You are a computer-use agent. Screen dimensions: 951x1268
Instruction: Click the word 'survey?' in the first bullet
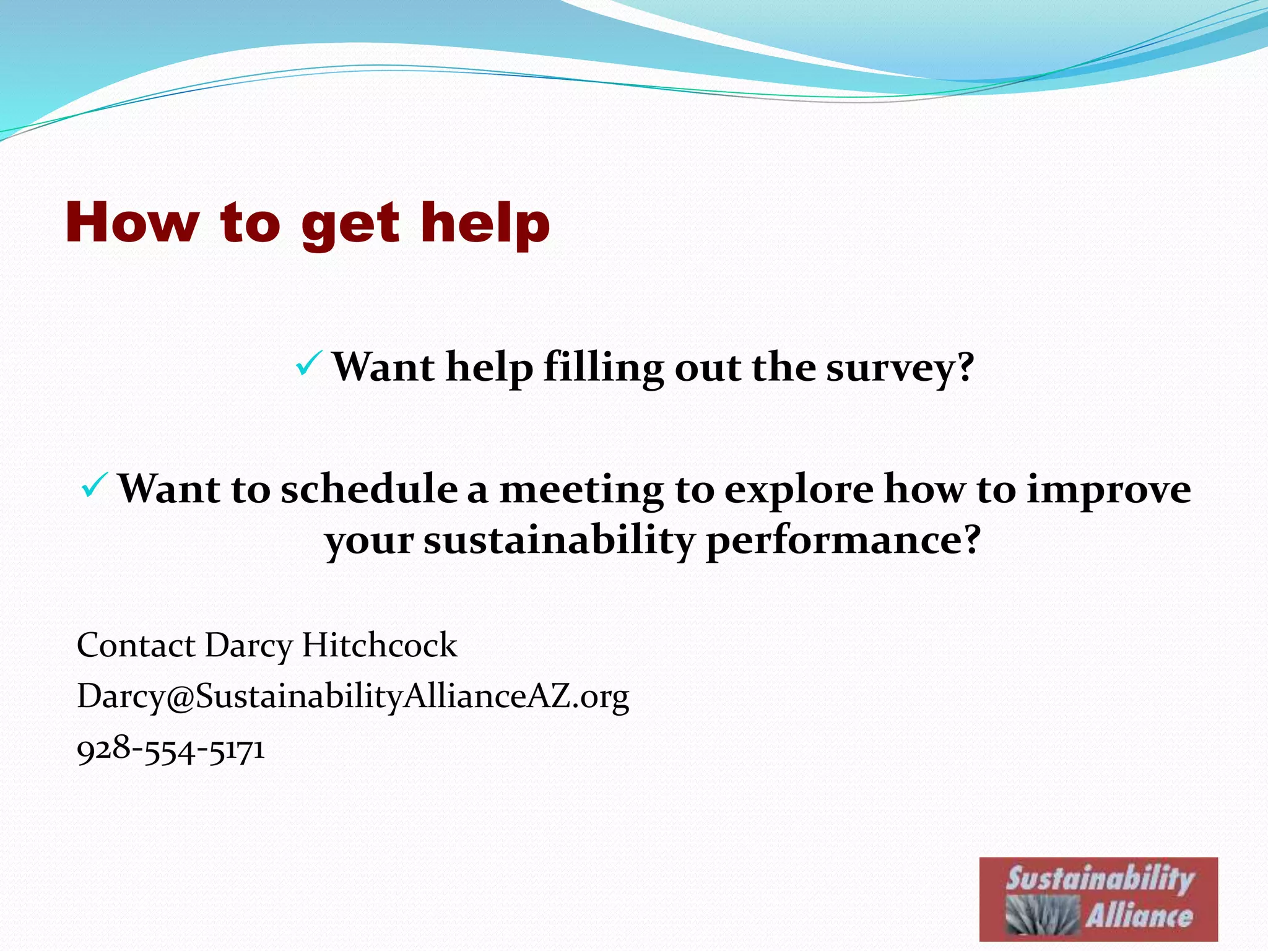pos(900,368)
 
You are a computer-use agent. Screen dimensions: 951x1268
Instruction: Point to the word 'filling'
pos(604,368)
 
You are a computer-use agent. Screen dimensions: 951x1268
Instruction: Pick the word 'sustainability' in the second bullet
pos(559,541)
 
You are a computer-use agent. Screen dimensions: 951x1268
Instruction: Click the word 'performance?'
pos(843,541)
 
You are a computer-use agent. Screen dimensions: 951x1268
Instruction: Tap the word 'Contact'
pos(136,645)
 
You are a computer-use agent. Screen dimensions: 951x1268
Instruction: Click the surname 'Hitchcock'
pos(379,645)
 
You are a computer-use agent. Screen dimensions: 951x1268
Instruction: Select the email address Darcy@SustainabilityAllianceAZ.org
pos(353,697)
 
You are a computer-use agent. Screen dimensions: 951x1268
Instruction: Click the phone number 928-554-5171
pos(171,750)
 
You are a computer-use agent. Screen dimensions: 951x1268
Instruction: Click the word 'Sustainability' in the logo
pos(1100,879)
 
